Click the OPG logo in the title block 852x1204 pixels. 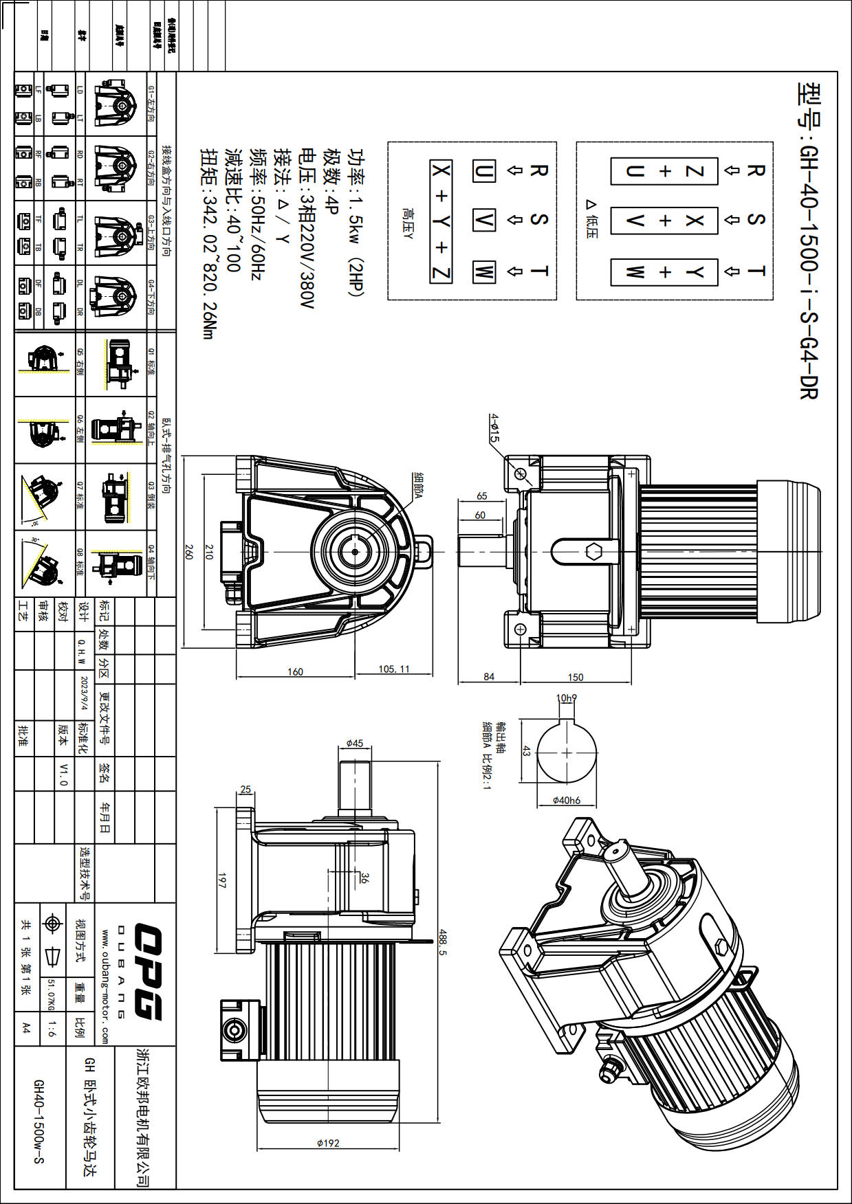click(147, 971)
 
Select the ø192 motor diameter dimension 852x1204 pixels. click(328, 1143)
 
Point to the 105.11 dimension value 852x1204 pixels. click(394, 669)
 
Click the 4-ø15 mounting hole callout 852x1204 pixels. click(494, 427)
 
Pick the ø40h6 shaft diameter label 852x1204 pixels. click(567, 800)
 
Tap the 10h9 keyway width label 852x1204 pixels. click(566, 698)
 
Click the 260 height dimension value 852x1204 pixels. click(188, 551)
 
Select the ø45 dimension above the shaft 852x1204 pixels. click(355, 743)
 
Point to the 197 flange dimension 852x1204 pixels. click(221, 880)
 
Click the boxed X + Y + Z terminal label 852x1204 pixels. click(441, 221)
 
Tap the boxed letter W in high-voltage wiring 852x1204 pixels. click(484, 271)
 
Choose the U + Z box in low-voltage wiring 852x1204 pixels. click(664, 171)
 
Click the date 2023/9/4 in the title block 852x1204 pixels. click(85, 693)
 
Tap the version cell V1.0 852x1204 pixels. click(63, 773)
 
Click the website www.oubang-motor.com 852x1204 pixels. click(105, 987)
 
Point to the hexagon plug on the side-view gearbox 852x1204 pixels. click(593, 551)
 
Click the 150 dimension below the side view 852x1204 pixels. click(576, 677)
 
